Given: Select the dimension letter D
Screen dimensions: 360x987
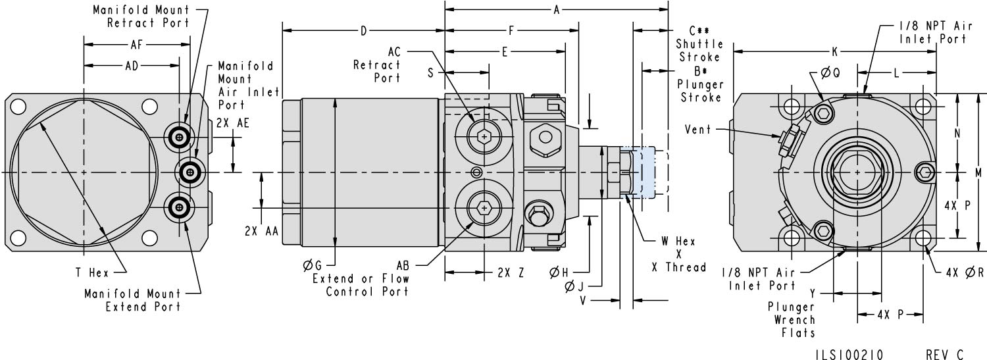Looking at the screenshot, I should [x=363, y=30].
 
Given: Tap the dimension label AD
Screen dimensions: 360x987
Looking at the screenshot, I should [x=132, y=66].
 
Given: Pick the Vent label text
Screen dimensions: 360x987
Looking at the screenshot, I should [x=697, y=130].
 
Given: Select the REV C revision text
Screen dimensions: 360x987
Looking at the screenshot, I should [x=945, y=355].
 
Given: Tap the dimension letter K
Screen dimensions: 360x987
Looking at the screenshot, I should [x=834, y=51].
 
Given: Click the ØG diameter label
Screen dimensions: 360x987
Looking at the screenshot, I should [x=313, y=265].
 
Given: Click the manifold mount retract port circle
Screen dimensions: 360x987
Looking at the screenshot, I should [x=179, y=137].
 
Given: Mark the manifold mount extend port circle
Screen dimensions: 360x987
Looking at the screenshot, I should [x=179, y=208].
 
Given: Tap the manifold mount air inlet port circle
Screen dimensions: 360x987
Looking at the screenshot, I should [x=190, y=172].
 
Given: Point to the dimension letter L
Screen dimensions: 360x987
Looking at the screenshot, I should [x=896, y=73].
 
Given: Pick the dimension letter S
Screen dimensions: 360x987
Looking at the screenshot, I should [x=431, y=73].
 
